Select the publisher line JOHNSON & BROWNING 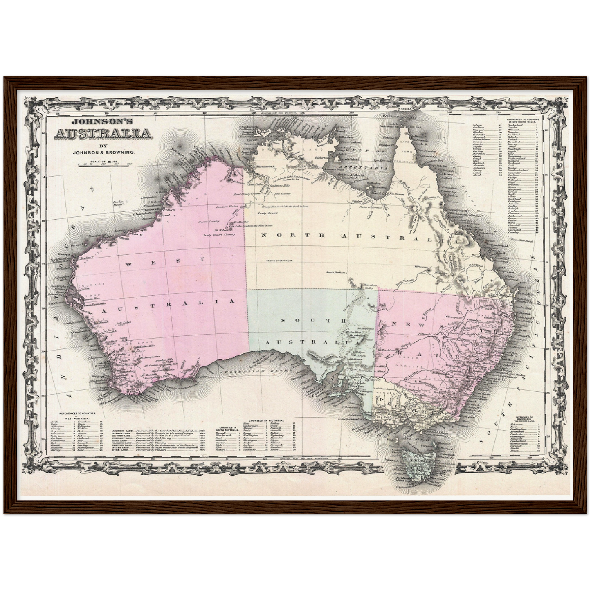point(103,153)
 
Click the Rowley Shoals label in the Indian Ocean point(118,203)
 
